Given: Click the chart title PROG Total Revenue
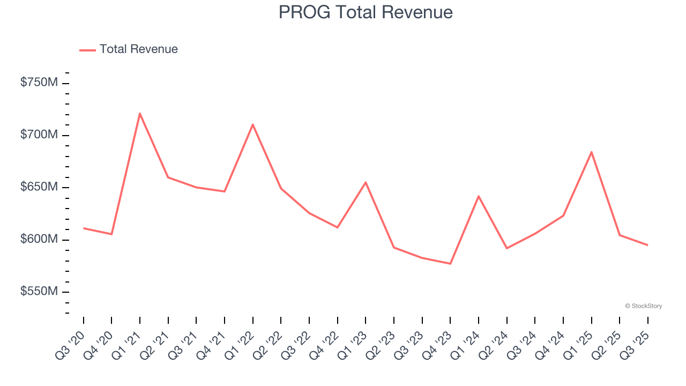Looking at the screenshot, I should pyautogui.click(x=366, y=12).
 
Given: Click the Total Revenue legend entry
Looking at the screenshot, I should pyautogui.click(x=129, y=49).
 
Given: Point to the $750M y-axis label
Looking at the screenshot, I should pyautogui.click(x=39, y=83).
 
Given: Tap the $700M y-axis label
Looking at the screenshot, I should pyautogui.click(x=39, y=135).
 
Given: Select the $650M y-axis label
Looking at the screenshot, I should pyautogui.click(x=39, y=187).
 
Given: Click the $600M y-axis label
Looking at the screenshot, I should pyautogui.click(x=39, y=239).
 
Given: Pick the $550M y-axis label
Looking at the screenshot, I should pyautogui.click(x=39, y=292).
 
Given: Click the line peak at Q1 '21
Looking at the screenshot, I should pyautogui.click(x=140, y=113).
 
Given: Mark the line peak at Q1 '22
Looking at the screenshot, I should pyautogui.click(x=252, y=124).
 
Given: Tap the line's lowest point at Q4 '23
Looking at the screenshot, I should pyautogui.click(x=450, y=264).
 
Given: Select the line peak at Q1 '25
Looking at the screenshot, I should pyautogui.click(x=591, y=152).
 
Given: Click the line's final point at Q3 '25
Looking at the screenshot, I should pyautogui.click(x=647, y=245).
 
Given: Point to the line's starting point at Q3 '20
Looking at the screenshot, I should pyautogui.click(x=84, y=228).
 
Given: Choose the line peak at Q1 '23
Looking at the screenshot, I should pyautogui.click(x=366, y=182).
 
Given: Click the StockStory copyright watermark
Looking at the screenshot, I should pyautogui.click(x=643, y=306).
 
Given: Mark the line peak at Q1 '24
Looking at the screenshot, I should pyautogui.click(x=478, y=196).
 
